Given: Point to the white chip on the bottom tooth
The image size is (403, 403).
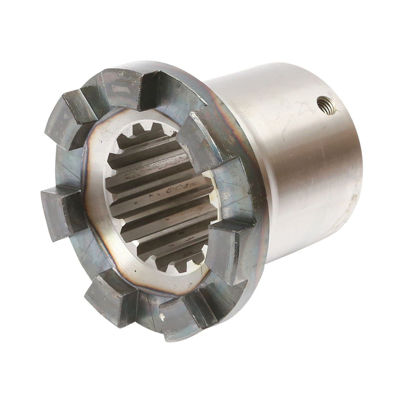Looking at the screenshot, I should click(163, 317).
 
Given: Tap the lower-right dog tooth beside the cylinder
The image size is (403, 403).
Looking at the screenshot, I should click(232, 249).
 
